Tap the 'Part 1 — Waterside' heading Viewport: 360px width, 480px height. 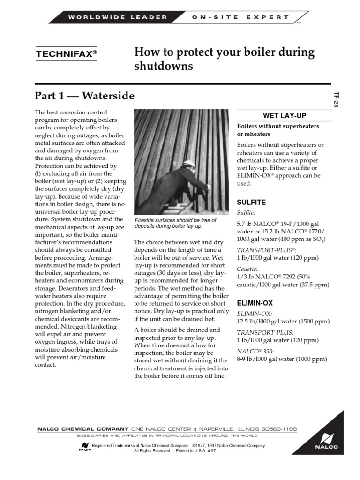coord(84,96)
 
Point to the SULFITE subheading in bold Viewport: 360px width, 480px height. coord(252,202)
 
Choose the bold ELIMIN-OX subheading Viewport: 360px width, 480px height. coord(255,303)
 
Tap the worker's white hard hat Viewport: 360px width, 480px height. coord(189,164)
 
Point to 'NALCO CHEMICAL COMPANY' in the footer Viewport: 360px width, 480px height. coord(83,429)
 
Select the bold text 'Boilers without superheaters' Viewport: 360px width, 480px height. coord(278,126)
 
